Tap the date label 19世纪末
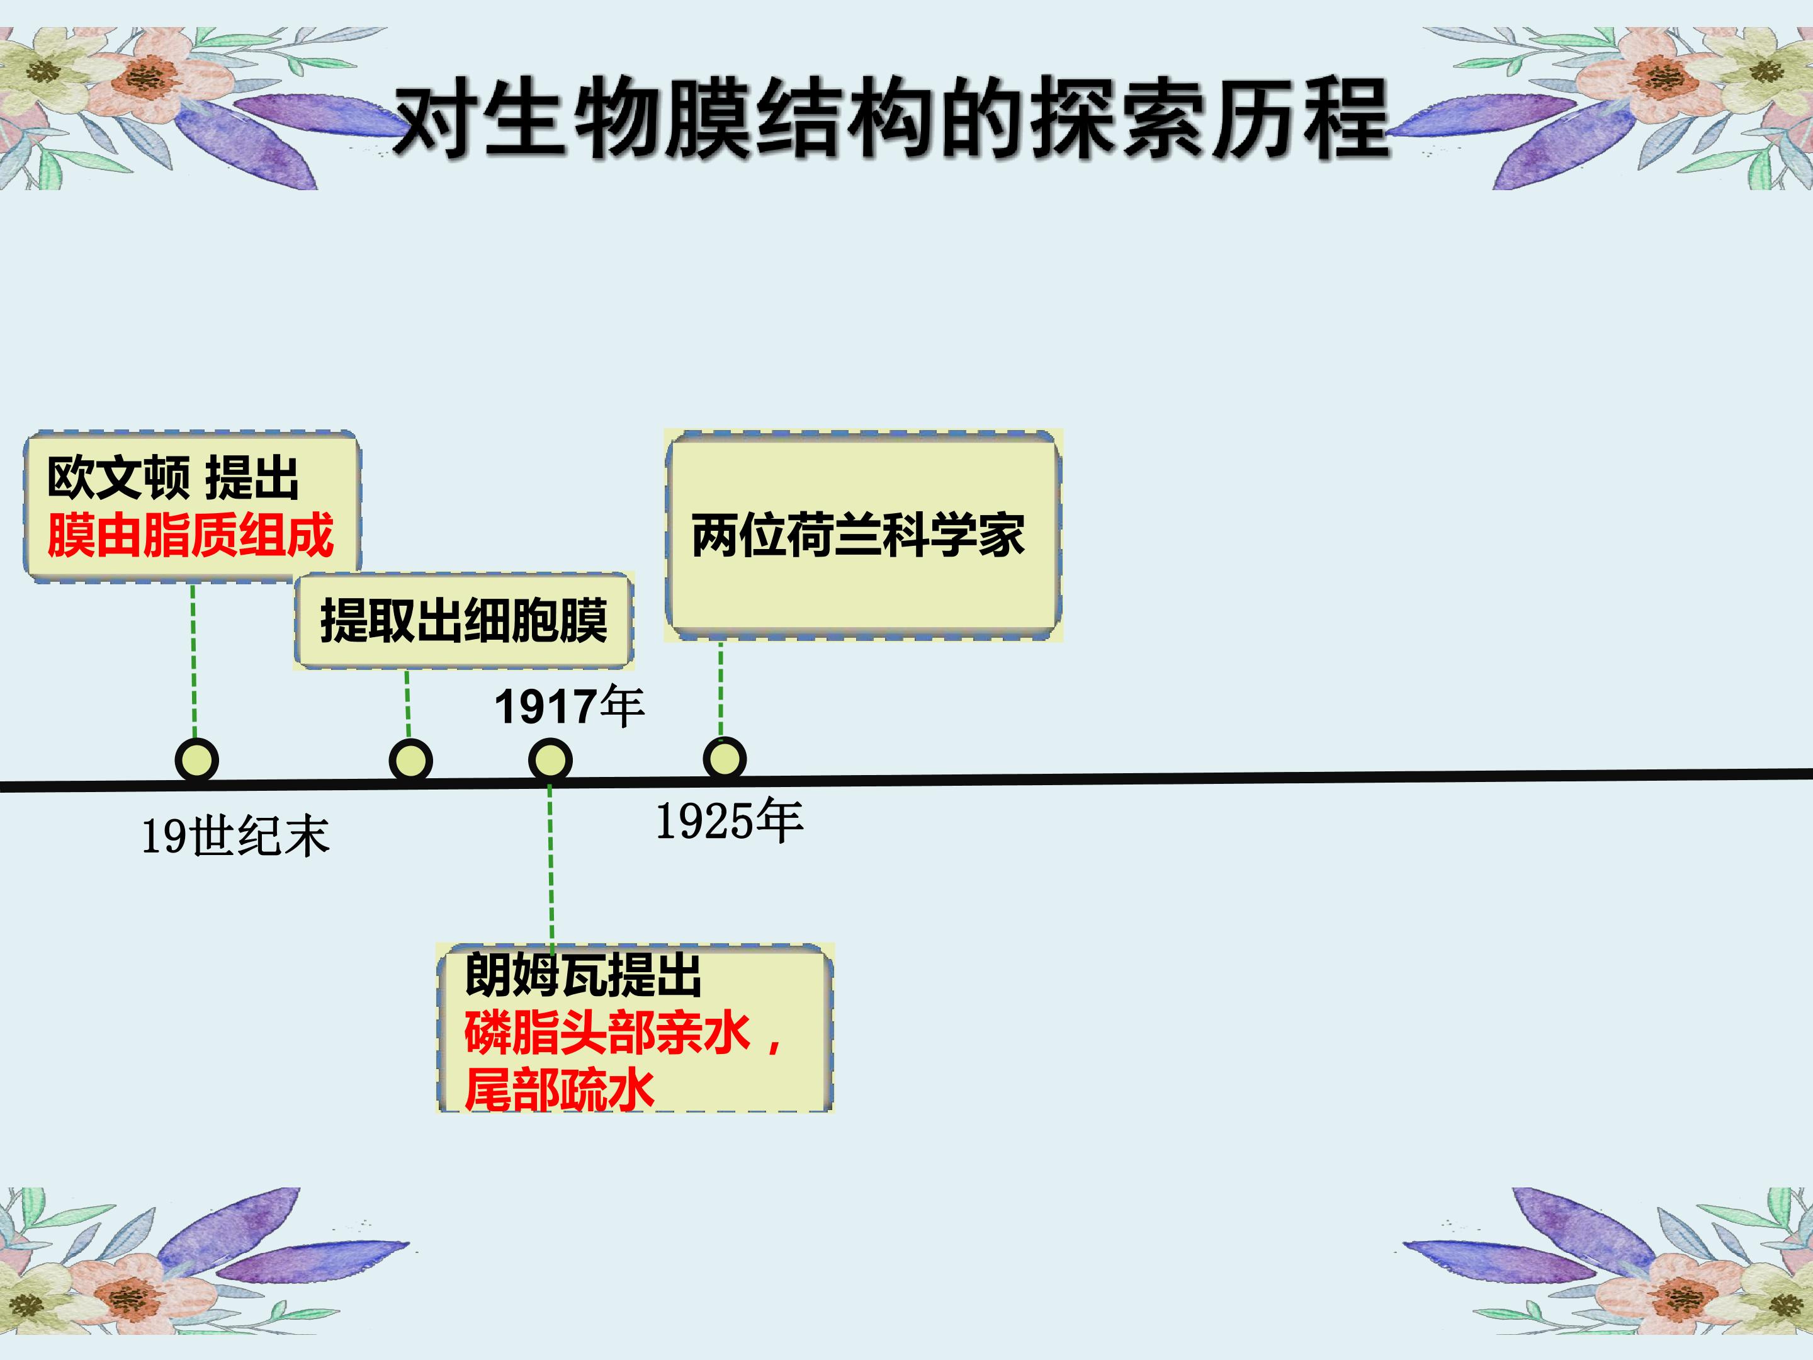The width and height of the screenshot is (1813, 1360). pos(236,837)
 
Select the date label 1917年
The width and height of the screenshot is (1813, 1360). pos(570,706)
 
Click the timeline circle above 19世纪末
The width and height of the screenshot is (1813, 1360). pos(196,760)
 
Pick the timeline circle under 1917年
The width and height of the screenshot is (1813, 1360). pos(550,760)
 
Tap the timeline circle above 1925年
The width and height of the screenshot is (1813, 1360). pos(725,757)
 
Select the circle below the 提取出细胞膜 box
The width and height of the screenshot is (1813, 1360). pos(410,760)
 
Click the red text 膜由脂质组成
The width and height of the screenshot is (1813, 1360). pos(190,535)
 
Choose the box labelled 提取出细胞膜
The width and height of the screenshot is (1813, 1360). pos(464,621)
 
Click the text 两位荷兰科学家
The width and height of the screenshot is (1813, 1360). pos(858,536)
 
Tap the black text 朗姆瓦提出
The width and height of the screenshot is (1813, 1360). pos(583,975)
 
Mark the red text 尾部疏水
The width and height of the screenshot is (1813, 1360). pos(559,1089)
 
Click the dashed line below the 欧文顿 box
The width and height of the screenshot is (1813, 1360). pos(193,660)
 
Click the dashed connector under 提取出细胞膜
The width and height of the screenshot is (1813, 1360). pos(408,704)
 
